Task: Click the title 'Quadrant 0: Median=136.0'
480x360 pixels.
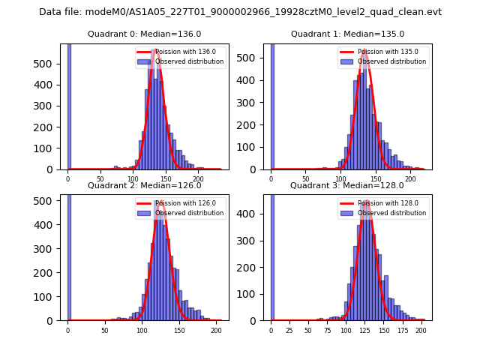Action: click(x=144, y=34)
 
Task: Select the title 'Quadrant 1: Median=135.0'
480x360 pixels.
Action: click(x=347, y=34)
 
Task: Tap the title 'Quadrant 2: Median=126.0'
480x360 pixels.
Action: click(x=144, y=185)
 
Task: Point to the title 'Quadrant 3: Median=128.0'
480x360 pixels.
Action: click(x=347, y=185)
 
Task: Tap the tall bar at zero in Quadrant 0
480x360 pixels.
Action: click(x=69, y=105)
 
